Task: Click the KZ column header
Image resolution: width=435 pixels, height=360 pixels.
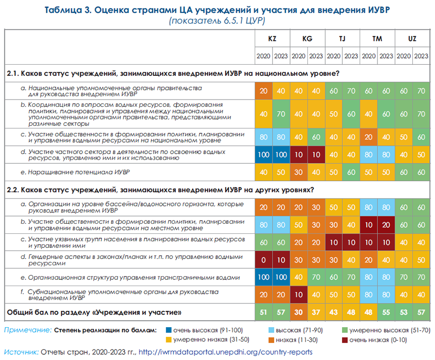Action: click(x=272, y=39)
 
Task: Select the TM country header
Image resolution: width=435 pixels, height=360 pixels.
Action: click(x=377, y=39)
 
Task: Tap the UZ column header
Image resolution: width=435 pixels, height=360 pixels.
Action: click(x=412, y=39)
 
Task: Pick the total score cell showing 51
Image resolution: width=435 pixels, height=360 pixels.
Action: click(x=263, y=313)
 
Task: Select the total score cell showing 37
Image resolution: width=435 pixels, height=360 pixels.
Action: click(x=316, y=313)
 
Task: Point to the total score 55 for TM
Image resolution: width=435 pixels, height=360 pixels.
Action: click(x=386, y=313)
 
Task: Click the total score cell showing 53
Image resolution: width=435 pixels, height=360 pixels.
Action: click(x=404, y=313)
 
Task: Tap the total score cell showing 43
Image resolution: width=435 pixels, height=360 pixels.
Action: click(x=333, y=313)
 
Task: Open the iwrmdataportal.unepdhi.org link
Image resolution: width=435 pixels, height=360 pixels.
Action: click(x=226, y=352)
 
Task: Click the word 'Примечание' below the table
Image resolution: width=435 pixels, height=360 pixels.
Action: click(x=27, y=331)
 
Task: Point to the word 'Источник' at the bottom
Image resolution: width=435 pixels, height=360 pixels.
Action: click(x=21, y=352)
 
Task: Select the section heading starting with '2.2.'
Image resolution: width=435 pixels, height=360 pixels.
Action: click(x=159, y=189)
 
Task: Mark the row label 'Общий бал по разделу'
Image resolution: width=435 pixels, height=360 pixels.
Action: click(x=94, y=313)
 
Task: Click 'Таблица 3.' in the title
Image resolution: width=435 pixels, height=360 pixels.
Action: click(x=68, y=10)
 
